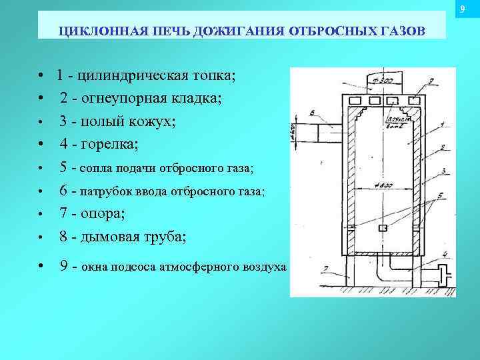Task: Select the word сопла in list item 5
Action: tap(97, 168)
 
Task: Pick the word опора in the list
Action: tap(102, 214)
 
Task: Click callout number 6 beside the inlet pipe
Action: tap(312, 113)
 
